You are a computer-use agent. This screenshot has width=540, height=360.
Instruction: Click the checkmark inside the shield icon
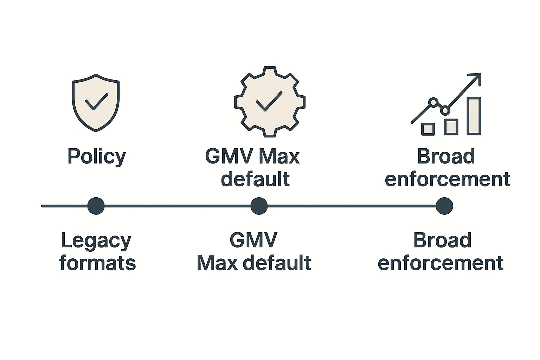point(96,102)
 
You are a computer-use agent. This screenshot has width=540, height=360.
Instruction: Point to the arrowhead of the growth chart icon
point(477,77)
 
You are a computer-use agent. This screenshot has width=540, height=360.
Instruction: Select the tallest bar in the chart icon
point(474,116)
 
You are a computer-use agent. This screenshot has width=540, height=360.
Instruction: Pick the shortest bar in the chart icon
point(428,129)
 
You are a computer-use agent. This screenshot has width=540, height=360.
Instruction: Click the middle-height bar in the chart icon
point(451,127)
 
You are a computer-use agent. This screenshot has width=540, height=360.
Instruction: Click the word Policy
point(97,156)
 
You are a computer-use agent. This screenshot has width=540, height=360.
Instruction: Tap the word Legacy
point(96,241)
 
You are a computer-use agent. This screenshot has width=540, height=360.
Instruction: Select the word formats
point(97,263)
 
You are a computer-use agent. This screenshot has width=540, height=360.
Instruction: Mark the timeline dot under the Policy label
point(96,206)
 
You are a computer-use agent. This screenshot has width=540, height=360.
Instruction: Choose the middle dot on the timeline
point(259,206)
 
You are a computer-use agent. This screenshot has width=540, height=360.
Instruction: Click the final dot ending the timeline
point(444,206)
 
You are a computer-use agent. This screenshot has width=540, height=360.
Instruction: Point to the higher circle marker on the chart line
point(433,102)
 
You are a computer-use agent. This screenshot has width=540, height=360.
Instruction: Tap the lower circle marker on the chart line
point(445,111)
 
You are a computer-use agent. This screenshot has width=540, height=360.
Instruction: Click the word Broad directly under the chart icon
point(446,156)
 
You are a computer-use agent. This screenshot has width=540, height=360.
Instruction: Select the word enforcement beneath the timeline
point(441,263)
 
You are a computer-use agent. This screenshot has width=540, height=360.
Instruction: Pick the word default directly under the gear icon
point(255,179)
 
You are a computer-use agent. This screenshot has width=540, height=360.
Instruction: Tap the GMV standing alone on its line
point(253,241)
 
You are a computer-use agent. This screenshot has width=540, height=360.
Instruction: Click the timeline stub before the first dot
point(65,206)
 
